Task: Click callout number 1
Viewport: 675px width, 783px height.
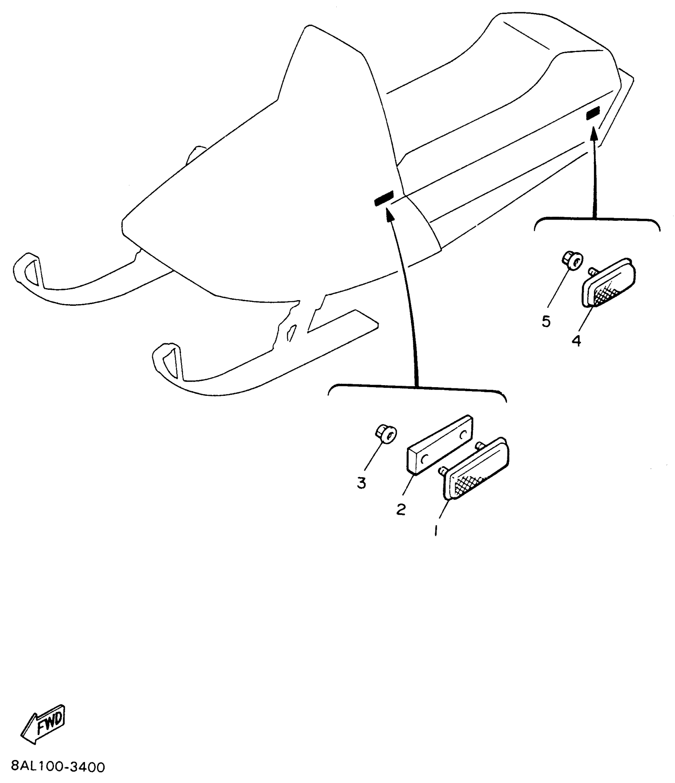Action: pos(436,530)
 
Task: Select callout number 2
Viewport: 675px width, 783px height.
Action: pos(401,509)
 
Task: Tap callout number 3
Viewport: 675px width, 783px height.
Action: pos(361,483)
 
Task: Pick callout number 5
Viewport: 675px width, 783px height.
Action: pos(546,322)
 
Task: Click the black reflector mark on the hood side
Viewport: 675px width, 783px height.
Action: pos(384,199)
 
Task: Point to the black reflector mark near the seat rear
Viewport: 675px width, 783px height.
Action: pos(593,113)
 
